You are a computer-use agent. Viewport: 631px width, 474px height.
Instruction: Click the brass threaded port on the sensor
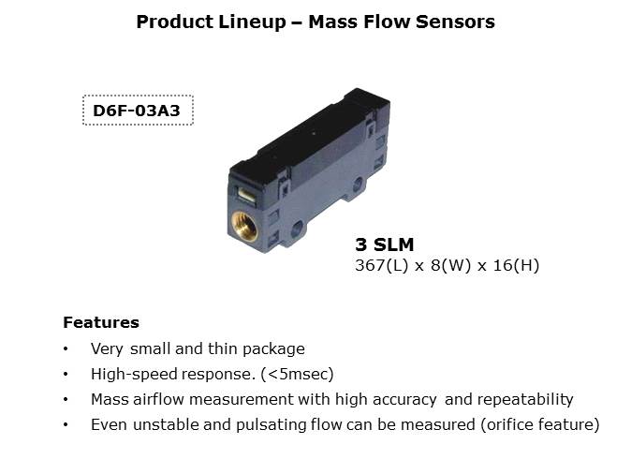(244, 227)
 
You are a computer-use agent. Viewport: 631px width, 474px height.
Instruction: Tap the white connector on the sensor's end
(246, 195)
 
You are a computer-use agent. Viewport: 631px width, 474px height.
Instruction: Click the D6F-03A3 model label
(137, 111)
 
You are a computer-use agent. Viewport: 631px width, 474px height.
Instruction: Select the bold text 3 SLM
(385, 244)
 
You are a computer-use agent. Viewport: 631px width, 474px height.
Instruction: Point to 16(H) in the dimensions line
(516, 265)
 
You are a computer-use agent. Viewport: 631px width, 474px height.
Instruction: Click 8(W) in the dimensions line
(450, 265)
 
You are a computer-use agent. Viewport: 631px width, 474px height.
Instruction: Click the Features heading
(101, 322)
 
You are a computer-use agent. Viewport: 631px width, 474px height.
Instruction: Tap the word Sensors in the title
(455, 22)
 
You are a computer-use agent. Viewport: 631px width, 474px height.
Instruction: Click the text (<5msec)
(297, 374)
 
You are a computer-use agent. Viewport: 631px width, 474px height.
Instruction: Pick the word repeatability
(525, 399)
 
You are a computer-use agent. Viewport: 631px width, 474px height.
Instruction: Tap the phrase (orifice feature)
(540, 425)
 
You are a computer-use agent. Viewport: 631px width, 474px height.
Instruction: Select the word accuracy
(404, 400)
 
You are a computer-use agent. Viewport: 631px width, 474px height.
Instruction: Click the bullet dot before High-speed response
(66, 375)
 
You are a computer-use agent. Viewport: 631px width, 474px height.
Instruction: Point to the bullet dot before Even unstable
(66, 425)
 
